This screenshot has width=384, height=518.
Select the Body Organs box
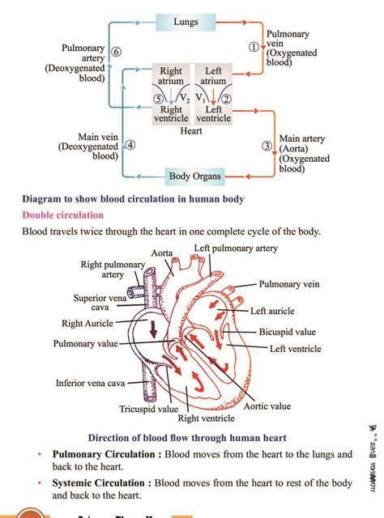coord(194,176)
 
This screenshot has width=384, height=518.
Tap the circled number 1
coord(253,47)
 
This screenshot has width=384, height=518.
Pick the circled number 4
coord(130,146)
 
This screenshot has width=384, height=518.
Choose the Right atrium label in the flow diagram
coord(171,76)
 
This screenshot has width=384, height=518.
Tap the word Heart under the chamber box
coord(191,131)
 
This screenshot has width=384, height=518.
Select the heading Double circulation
coord(63,215)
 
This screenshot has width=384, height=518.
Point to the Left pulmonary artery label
coord(236,248)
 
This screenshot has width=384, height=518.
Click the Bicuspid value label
coord(288,332)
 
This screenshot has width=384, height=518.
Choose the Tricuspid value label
coord(148,409)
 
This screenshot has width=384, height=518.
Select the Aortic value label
coord(267,405)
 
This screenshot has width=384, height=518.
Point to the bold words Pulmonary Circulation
coord(102,455)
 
